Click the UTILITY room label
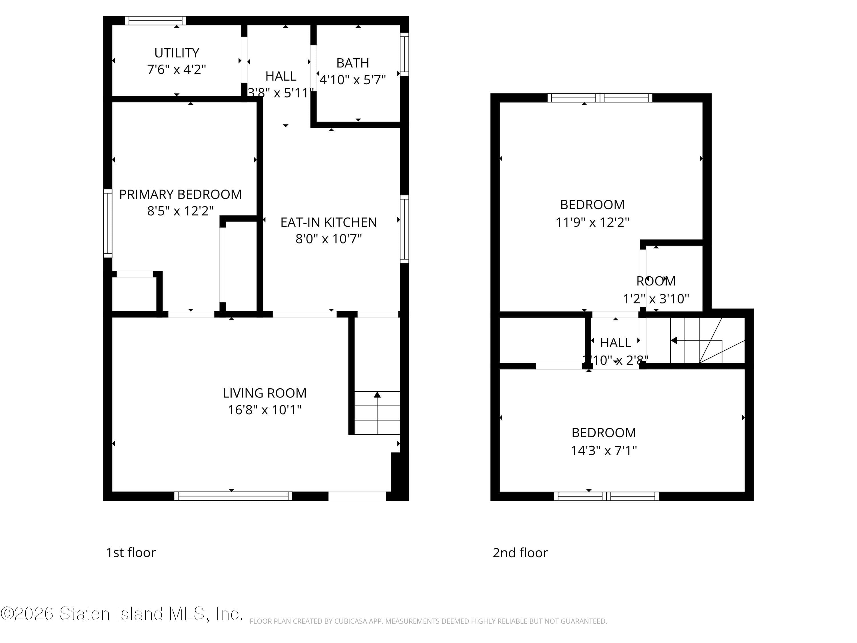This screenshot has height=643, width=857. pyautogui.click(x=177, y=53)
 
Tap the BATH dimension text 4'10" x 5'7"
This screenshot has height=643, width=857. pyautogui.click(x=353, y=80)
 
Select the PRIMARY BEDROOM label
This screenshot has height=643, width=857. pyautogui.click(x=180, y=194)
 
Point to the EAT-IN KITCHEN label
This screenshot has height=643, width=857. pyautogui.click(x=329, y=222)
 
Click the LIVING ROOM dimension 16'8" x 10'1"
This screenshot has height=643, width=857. pyautogui.click(x=265, y=410)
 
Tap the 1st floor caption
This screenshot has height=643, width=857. pyautogui.click(x=131, y=552)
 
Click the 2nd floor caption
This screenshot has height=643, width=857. pyautogui.click(x=520, y=552)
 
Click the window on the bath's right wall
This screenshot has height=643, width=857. pyautogui.click(x=404, y=54)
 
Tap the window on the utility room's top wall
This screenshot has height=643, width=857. pyautogui.click(x=155, y=21)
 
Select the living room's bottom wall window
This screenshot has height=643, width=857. pyautogui.click(x=233, y=496)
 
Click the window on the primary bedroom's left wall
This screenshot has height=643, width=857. pyautogui.click(x=107, y=223)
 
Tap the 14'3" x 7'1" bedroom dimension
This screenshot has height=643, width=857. pyautogui.click(x=604, y=450)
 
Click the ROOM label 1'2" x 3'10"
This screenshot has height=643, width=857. pyautogui.click(x=656, y=281)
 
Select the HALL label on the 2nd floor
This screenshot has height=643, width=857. pyautogui.click(x=615, y=343)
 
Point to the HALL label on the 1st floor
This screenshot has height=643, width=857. pyautogui.click(x=281, y=76)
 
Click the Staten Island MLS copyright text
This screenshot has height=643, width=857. pyautogui.click(x=122, y=614)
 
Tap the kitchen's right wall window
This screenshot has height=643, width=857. pyautogui.click(x=404, y=229)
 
